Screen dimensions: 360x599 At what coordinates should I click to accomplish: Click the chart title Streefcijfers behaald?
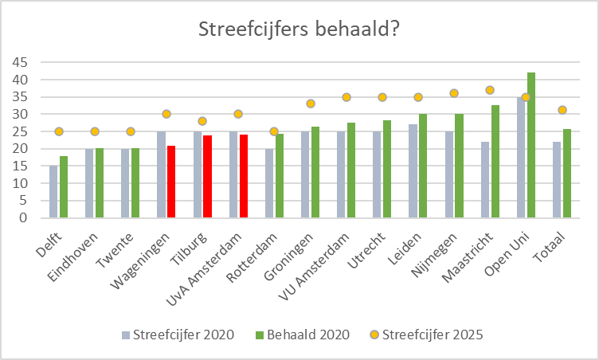[299, 30]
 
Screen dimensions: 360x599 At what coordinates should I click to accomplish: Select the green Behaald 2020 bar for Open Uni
[531, 145]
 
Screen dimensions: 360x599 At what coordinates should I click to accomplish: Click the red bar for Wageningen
[171, 182]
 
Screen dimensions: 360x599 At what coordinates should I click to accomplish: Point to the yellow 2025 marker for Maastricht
[490, 90]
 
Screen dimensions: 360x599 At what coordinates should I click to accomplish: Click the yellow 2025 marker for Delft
[59, 131]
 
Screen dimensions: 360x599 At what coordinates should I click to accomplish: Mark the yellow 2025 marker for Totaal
[562, 110]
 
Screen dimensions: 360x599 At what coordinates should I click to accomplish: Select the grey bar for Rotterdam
[269, 182]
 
